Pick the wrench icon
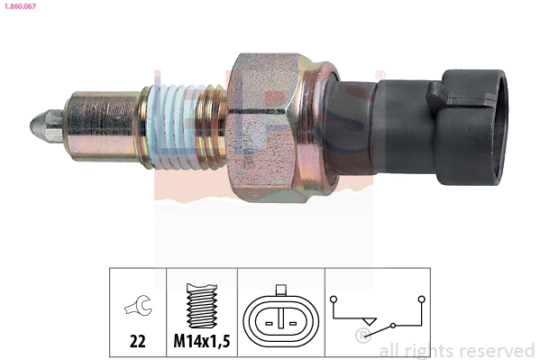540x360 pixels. click(138, 309)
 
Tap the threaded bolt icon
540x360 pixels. click(202, 308)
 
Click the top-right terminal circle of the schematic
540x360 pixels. click(421, 297)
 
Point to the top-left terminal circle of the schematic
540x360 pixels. click(334, 297)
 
